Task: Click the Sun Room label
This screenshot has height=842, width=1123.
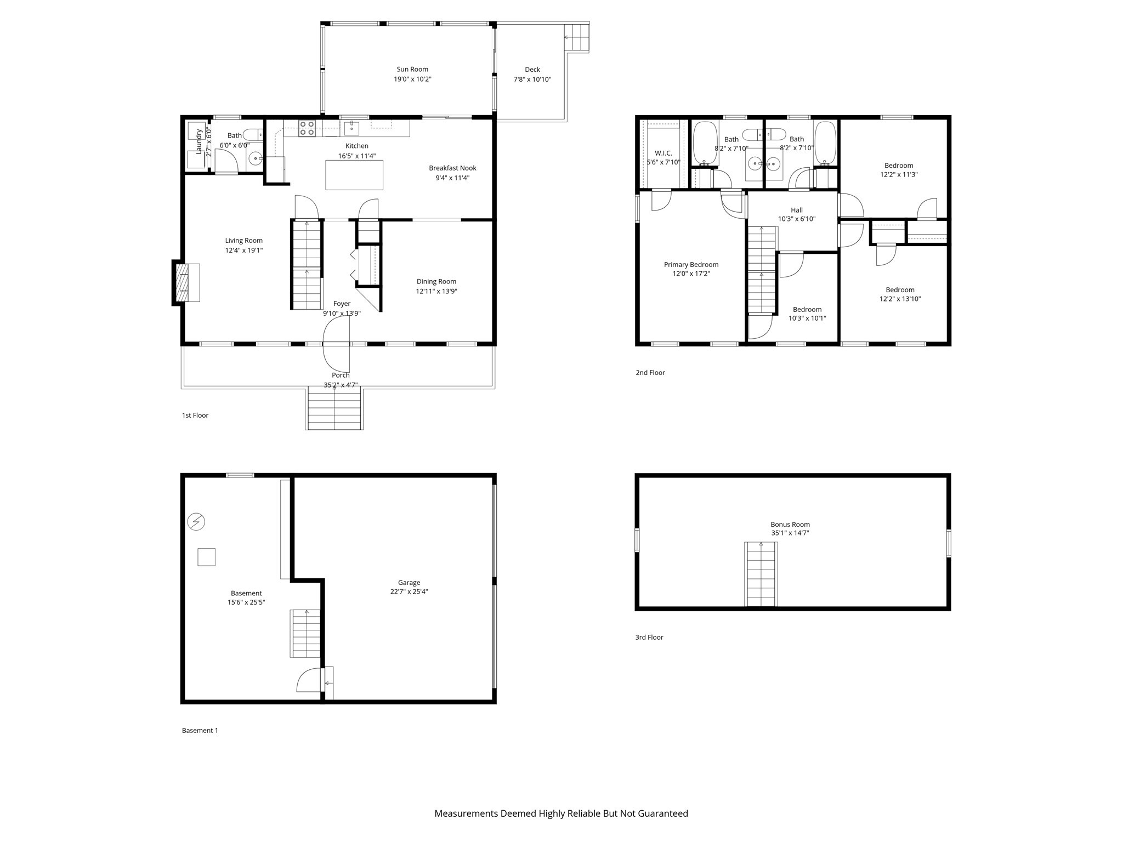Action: tap(412, 69)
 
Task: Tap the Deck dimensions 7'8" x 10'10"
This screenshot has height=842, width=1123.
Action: tap(532, 79)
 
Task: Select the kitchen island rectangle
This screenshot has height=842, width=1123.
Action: tap(354, 175)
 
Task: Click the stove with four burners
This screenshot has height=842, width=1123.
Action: tap(307, 128)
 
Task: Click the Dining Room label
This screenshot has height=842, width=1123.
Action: tap(436, 281)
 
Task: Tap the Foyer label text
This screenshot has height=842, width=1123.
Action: tap(342, 304)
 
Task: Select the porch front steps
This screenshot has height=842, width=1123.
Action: tap(334, 408)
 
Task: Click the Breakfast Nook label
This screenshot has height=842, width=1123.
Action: tap(452, 168)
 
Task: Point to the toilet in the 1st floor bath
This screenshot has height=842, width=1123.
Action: tap(253, 135)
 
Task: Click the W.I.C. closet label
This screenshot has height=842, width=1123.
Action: tap(663, 153)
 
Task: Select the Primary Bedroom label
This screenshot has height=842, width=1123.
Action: tap(691, 264)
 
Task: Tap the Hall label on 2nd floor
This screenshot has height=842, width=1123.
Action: tap(796, 210)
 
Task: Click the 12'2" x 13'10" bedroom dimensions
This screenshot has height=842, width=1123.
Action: tap(900, 299)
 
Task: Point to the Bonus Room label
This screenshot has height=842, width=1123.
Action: tap(790, 524)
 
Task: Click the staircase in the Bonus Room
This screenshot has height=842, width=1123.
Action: tap(761, 574)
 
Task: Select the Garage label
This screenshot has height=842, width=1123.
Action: tap(409, 583)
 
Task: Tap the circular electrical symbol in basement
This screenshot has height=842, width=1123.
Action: tap(196, 521)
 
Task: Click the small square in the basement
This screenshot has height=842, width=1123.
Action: tap(207, 557)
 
